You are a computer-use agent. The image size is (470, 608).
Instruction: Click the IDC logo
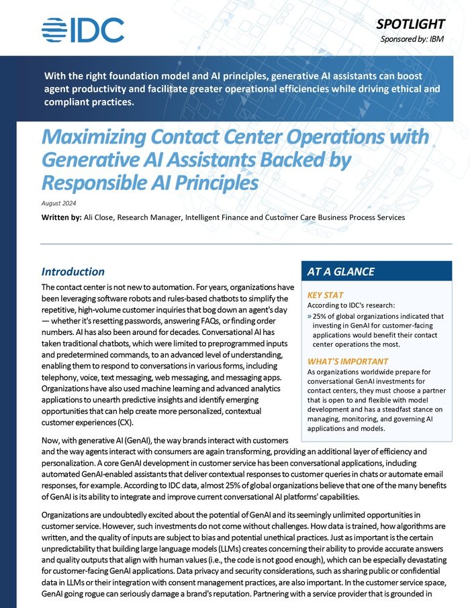point(83,30)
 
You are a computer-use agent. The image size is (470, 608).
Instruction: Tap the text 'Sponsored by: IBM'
point(417,39)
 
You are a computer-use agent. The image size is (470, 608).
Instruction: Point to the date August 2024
point(60,203)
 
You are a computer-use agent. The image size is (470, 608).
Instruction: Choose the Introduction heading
point(73,272)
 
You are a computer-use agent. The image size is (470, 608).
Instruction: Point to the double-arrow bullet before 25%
point(310,315)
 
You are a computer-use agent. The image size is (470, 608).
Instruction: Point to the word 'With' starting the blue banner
point(54,74)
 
